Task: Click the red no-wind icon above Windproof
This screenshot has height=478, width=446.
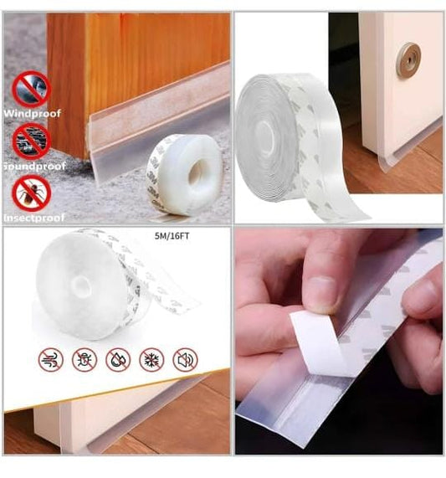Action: point(31,88)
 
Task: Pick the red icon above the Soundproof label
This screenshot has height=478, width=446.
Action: point(31,139)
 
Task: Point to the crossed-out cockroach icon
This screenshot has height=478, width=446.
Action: point(31,193)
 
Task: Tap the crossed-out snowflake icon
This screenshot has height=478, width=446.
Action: point(151,360)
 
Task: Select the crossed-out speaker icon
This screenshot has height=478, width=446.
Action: point(185,360)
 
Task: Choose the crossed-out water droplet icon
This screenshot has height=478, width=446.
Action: point(118,360)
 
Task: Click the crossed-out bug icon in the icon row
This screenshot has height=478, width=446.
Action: point(85,360)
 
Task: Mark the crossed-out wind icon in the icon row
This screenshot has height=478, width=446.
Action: point(51,360)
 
